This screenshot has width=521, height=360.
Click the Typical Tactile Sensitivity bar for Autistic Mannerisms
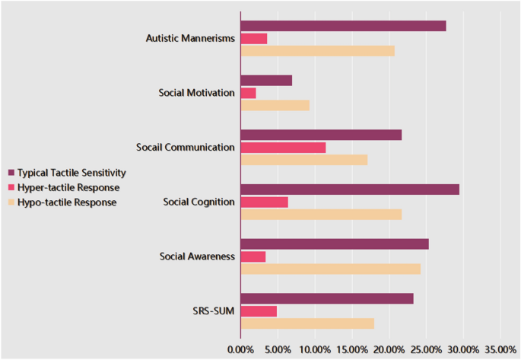click(343, 26)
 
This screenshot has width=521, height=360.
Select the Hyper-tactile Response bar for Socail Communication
click(283, 147)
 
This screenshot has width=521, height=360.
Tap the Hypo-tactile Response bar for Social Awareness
click(330, 269)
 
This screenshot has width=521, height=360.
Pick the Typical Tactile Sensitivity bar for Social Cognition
click(350, 190)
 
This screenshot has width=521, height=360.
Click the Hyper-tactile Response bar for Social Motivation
click(248, 93)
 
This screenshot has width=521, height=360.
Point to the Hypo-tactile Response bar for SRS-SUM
click(307, 323)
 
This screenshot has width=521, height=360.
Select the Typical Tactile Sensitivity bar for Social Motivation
click(266, 81)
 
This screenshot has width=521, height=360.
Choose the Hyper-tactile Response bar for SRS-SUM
click(259, 311)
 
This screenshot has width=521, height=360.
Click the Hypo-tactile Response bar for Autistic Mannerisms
click(317, 50)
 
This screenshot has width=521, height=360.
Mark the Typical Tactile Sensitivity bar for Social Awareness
click(335, 244)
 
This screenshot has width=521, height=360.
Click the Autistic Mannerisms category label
click(190, 39)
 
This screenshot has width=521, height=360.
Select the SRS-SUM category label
click(213, 311)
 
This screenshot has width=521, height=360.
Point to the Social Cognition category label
click(199, 202)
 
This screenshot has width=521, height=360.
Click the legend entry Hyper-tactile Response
click(68, 187)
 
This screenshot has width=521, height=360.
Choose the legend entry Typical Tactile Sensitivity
click(71, 173)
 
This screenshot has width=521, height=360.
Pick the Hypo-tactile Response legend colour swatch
click(11, 202)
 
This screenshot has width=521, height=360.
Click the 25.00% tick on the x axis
click(427, 349)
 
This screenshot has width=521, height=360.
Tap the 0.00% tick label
click(240, 349)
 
